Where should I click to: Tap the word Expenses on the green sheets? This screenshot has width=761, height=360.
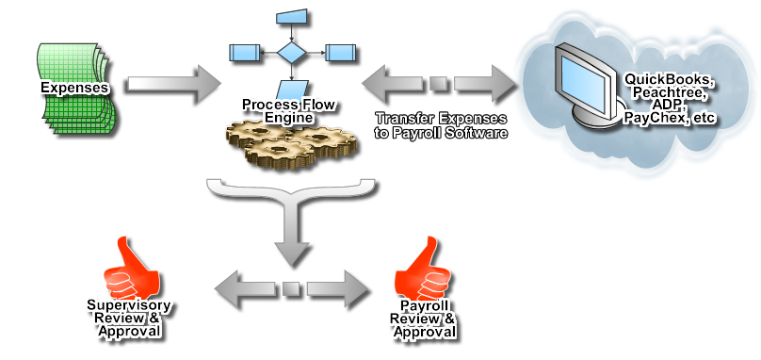pyautogui.click(x=73, y=88)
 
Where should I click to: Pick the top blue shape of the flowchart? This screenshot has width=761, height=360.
pyautogui.click(x=293, y=16)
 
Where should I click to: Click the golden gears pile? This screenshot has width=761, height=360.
pyautogui.click(x=291, y=142)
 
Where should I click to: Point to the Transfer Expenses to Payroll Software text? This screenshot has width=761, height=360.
pyautogui.click(x=441, y=126)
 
